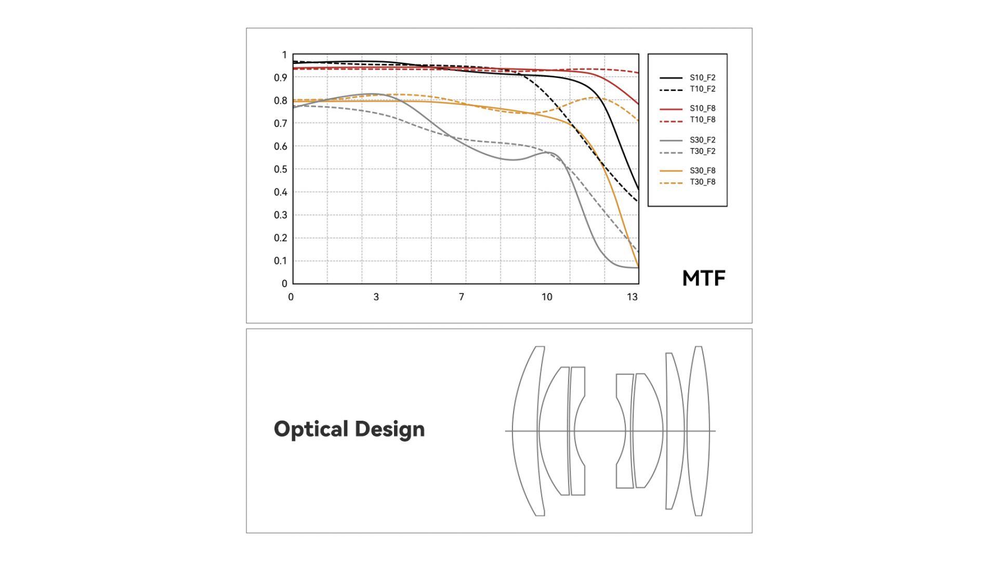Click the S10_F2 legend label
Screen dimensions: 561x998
(702, 78)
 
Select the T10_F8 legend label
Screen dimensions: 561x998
(702, 120)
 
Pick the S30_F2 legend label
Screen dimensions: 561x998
(702, 140)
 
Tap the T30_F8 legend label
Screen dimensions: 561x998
(702, 182)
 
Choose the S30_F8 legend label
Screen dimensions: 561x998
(702, 171)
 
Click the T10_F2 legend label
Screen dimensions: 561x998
(702, 89)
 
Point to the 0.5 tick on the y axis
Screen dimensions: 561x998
(281, 169)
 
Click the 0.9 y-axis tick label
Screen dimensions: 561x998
(281, 78)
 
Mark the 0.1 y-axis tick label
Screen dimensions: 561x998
(281, 261)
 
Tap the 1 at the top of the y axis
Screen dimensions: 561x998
(284, 55)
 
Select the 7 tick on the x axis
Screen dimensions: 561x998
(462, 297)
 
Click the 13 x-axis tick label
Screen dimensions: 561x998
(632, 297)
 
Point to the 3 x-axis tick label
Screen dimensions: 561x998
(376, 297)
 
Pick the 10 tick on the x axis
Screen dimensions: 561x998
(547, 297)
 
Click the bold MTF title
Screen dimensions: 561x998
(704, 278)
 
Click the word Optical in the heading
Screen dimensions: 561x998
(311, 430)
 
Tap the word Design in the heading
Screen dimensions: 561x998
(390, 430)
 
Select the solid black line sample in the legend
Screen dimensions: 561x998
(671, 78)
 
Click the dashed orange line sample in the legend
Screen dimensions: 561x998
(671, 183)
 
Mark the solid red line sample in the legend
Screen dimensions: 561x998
(671, 109)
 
